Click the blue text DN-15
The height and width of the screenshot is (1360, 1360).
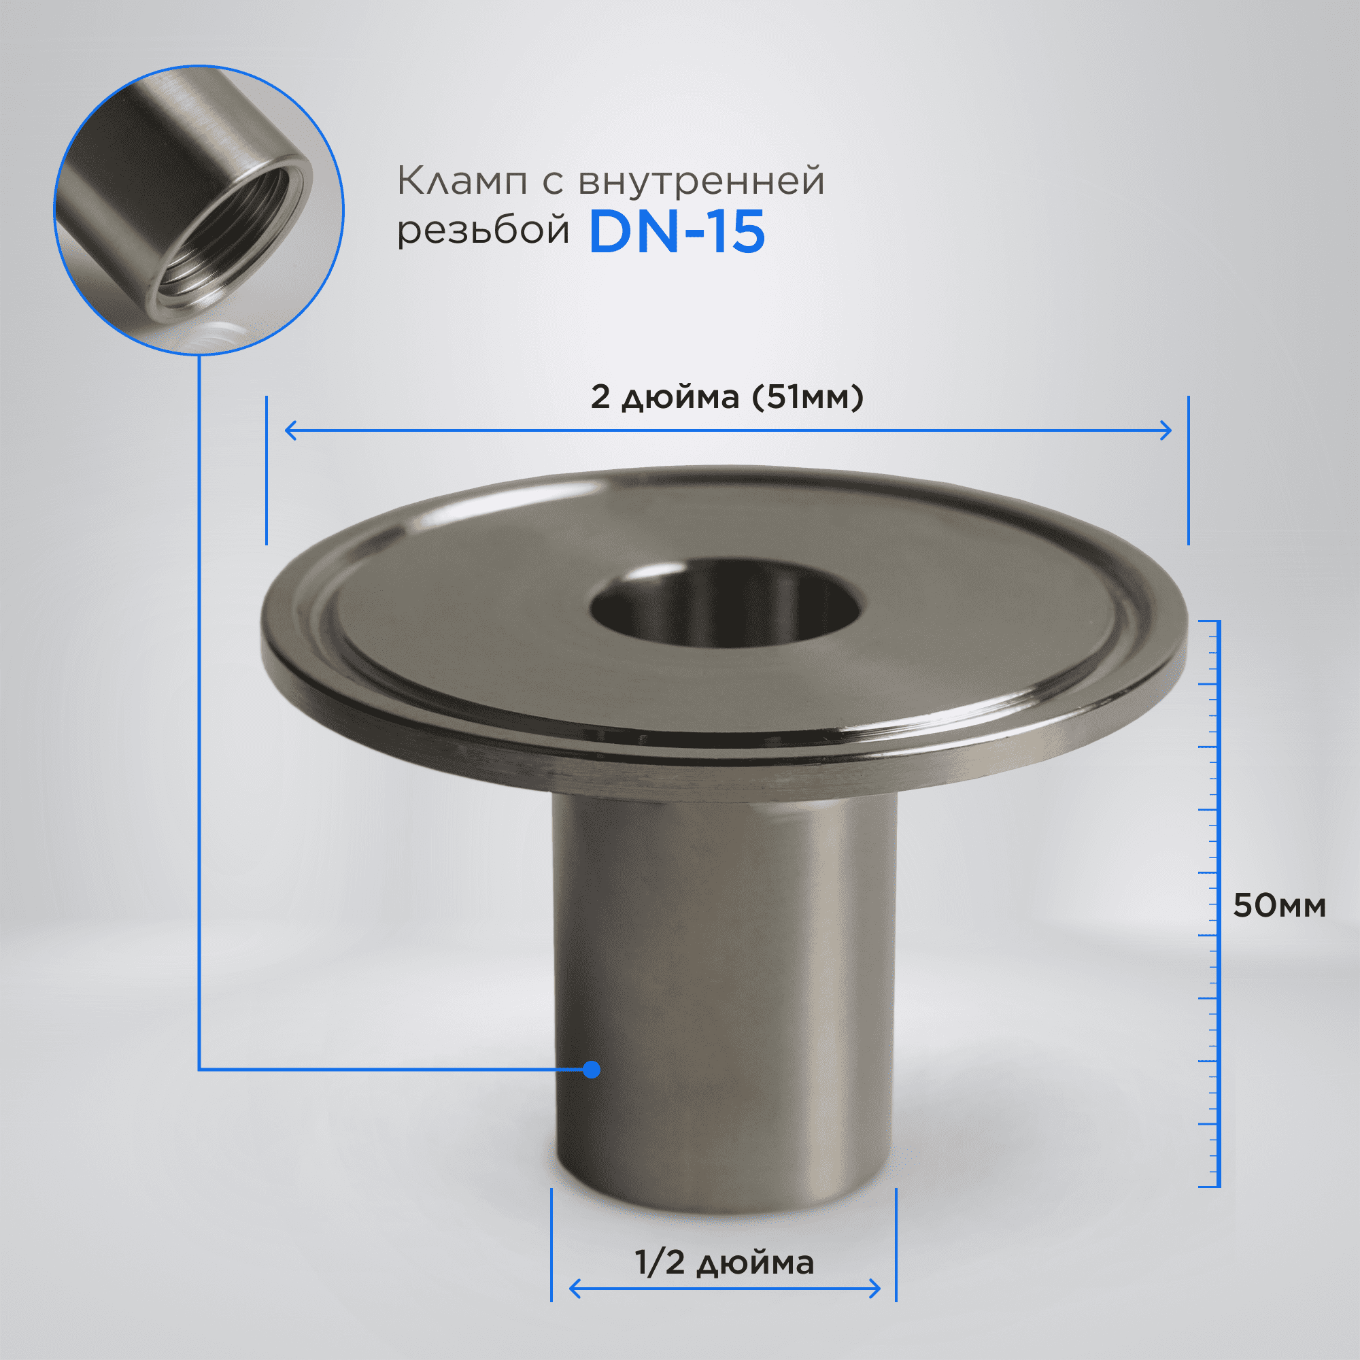point(677,232)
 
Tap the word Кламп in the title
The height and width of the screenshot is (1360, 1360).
point(462,182)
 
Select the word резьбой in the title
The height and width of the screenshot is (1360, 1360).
point(483,229)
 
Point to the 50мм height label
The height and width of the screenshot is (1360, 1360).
point(1279,906)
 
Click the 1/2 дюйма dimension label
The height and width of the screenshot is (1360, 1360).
point(724,1263)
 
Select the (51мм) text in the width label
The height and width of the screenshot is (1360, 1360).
point(807,397)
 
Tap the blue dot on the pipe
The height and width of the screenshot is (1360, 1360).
point(592,1069)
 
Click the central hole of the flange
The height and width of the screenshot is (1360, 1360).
point(726,604)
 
